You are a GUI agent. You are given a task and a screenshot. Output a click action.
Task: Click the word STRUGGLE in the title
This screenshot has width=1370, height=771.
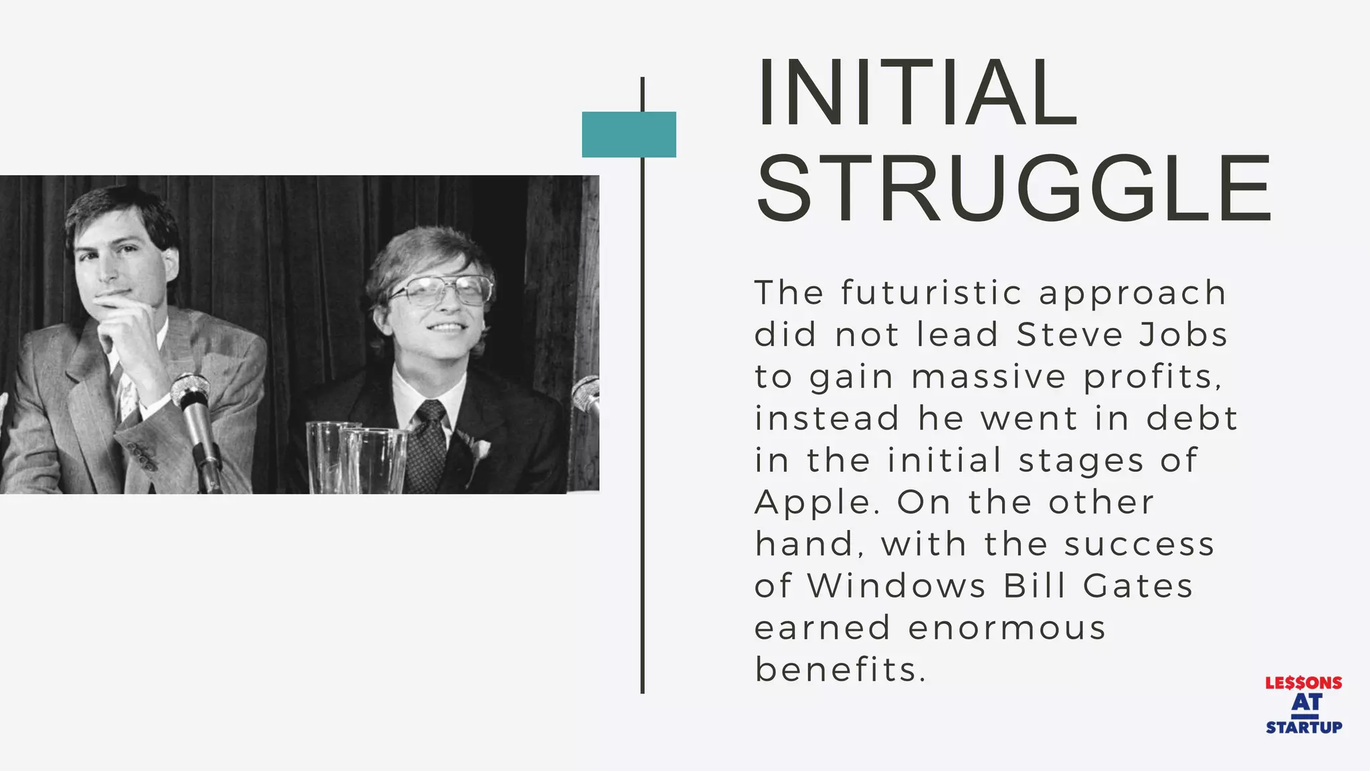(x=1014, y=189)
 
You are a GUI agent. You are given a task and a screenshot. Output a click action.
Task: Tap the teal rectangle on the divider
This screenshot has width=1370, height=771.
(x=629, y=135)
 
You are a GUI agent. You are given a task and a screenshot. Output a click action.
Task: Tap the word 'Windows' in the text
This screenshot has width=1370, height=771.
(x=897, y=586)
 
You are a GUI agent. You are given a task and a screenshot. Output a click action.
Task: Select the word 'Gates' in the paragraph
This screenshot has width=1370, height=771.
(x=1138, y=586)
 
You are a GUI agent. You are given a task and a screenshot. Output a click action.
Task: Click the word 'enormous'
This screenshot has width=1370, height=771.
(x=1007, y=628)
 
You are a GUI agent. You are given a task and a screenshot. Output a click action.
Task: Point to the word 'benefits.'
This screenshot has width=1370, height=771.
(x=841, y=670)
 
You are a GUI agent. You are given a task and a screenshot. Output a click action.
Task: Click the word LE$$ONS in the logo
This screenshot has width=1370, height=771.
(x=1303, y=683)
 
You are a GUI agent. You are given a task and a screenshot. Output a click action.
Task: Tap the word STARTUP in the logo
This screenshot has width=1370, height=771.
(x=1303, y=727)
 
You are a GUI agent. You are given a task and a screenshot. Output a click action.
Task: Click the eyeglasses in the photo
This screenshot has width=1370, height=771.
(x=442, y=289)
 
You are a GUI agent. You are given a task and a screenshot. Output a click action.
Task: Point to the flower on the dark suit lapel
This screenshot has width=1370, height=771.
(x=478, y=447)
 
